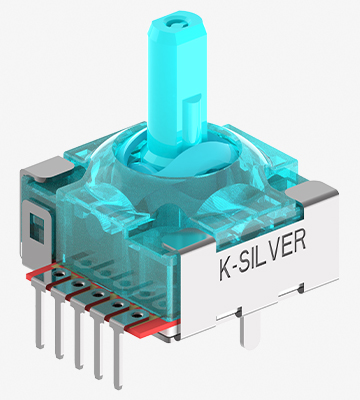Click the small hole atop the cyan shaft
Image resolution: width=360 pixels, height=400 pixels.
click(175, 24)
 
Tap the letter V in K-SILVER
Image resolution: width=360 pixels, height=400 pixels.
click(276, 249)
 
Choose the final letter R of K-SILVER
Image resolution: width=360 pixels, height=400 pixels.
click(299, 241)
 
